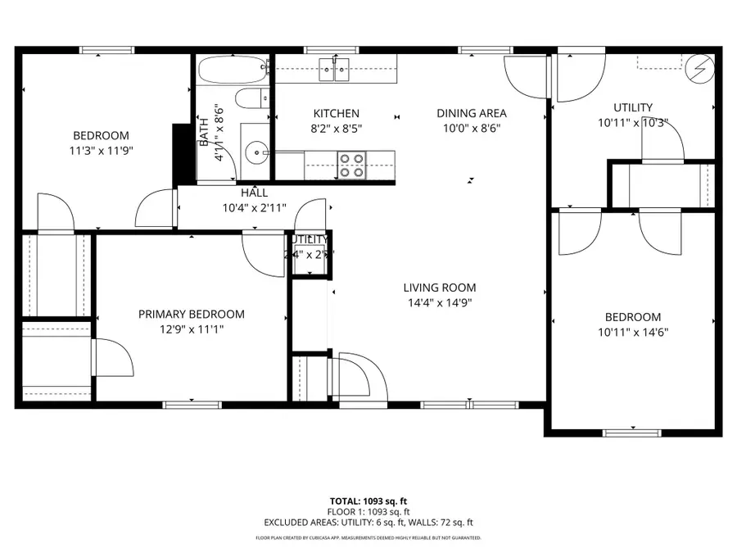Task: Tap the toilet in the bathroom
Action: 251,99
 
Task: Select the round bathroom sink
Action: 257,151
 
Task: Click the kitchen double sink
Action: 336,69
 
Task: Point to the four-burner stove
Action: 353,165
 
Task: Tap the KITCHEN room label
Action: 336,113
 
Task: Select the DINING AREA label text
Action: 471,113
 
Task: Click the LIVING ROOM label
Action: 439,288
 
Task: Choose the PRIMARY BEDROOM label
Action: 191,314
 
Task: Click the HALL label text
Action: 254,193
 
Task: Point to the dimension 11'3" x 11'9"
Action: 101,151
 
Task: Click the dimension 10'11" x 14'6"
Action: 633,333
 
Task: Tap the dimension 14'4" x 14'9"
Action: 439,302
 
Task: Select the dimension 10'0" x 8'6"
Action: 471,128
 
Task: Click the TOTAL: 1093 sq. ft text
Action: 368,500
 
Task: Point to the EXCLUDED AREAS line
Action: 368,522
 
